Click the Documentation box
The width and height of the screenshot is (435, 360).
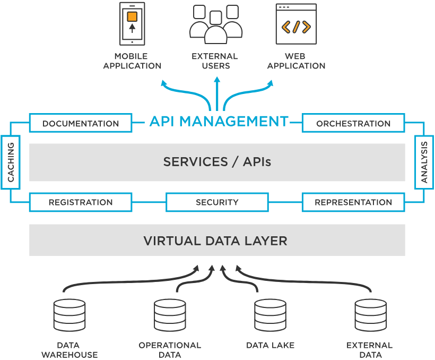[81, 123]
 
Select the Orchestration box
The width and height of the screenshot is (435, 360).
[353, 123]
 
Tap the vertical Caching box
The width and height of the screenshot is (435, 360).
[11, 162]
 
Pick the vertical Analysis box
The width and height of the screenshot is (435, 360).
[424, 162]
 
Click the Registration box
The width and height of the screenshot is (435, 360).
[81, 202]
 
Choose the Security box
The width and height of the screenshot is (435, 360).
[217, 202]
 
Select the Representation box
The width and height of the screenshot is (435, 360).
[353, 202]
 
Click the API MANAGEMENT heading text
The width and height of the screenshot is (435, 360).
[219, 121]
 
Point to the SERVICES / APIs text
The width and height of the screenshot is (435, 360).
[217, 162]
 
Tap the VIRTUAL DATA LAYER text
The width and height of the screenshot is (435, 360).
[215, 241]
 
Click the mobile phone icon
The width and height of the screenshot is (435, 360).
[132, 23]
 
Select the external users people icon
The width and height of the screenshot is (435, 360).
[215, 24]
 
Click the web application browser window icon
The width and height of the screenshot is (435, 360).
[296, 24]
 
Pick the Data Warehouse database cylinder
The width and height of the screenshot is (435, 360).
[69, 315]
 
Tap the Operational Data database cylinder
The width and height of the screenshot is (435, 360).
[170, 315]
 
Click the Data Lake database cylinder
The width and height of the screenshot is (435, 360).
[270, 315]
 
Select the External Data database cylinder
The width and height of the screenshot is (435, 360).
[370, 315]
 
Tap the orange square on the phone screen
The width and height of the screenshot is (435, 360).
[132, 16]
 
